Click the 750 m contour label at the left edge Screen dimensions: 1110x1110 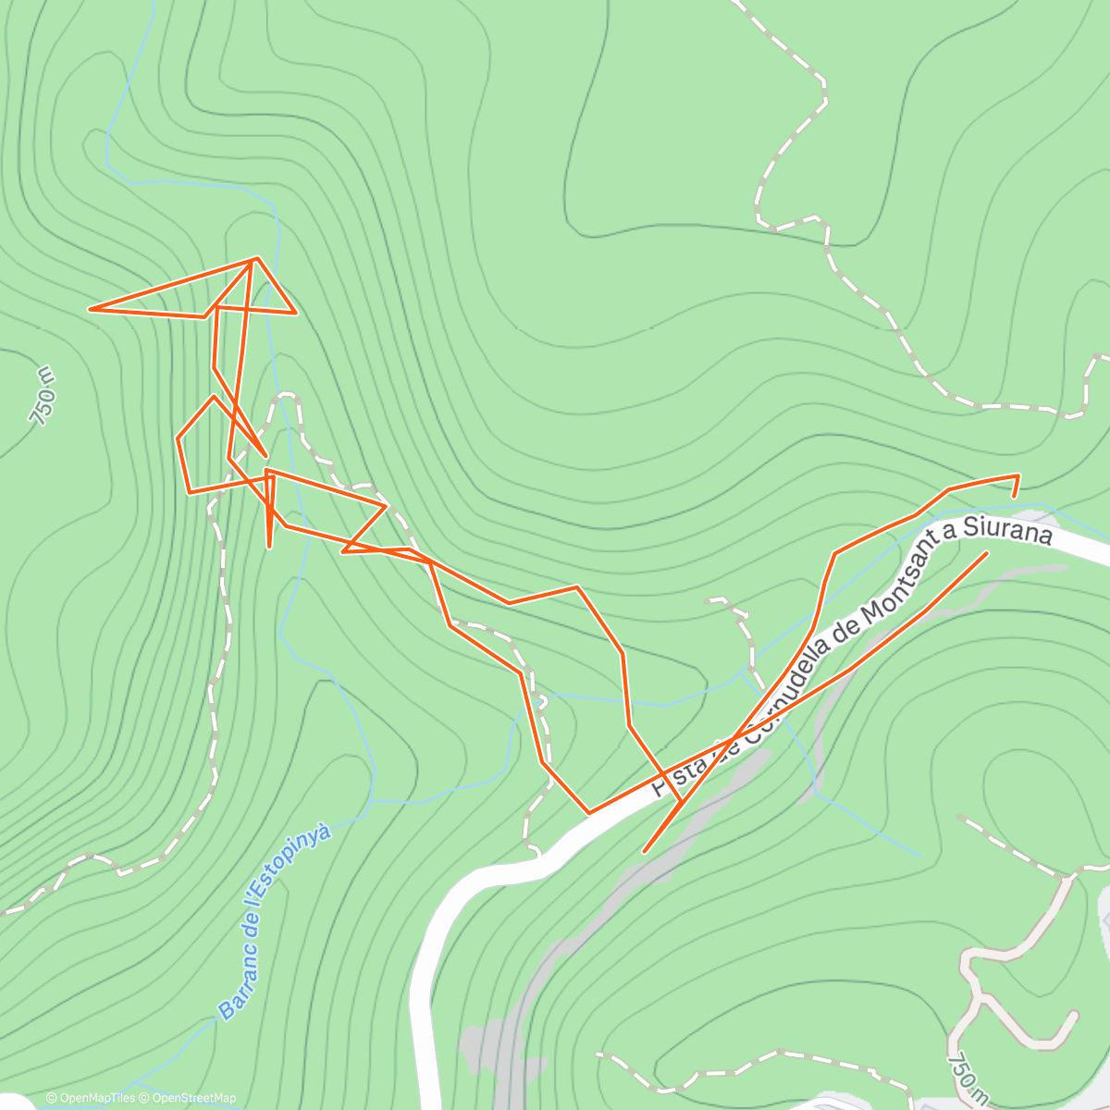[43, 396]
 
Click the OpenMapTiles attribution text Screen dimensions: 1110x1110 [96, 1098]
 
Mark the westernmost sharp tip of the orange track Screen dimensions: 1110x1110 [90, 309]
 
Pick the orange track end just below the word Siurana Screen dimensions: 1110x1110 [986, 553]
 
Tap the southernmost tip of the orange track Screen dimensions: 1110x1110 [645, 851]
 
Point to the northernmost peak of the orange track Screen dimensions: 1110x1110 [254, 259]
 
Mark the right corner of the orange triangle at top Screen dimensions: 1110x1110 [295, 313]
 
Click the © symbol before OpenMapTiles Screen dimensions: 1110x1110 [52, 1098]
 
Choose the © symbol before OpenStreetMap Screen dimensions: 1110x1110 [145, 1098]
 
